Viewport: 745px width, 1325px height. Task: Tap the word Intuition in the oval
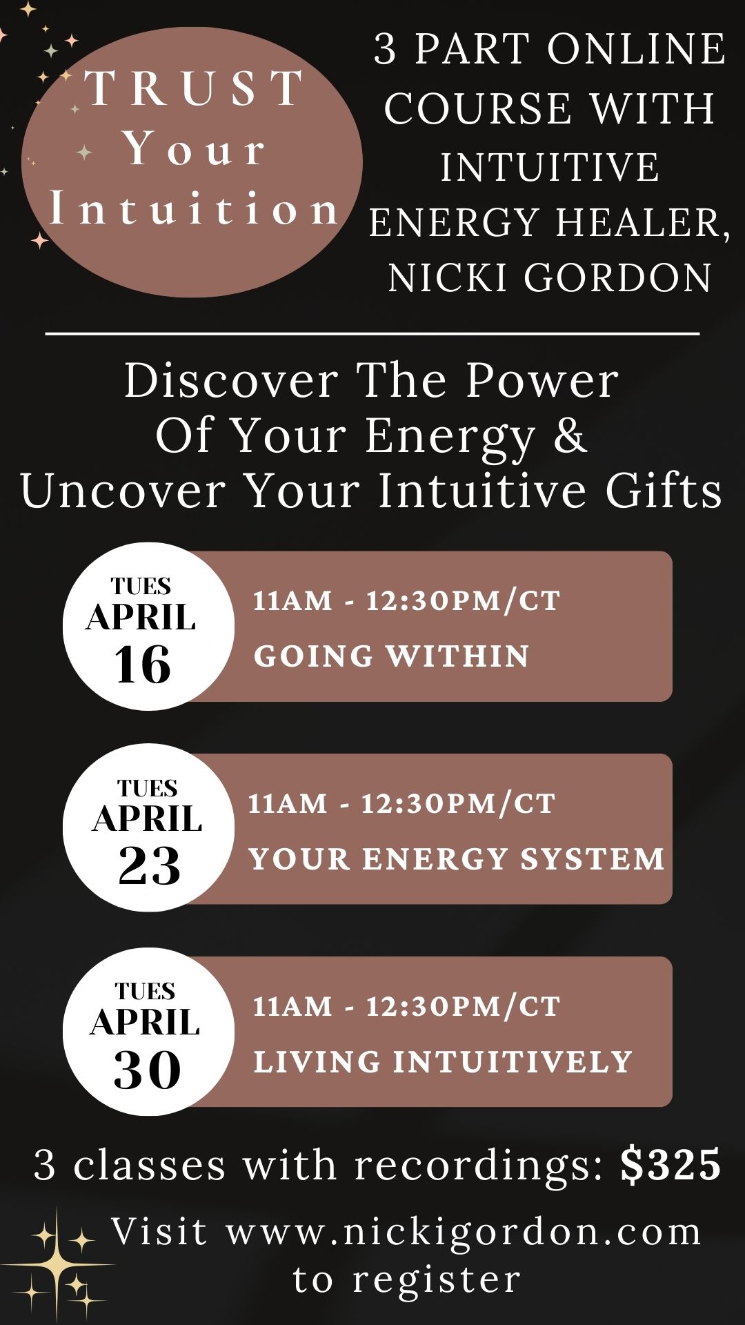[x=194, y=209]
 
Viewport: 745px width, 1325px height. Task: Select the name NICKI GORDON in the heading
[x=549, y=277]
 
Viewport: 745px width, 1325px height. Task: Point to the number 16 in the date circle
[x=143, y=665]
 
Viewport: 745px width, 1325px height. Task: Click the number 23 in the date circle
[x=149, y=865]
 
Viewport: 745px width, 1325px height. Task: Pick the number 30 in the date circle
[x=147, y=1070]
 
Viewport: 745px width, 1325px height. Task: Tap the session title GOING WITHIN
[x=391, y=656]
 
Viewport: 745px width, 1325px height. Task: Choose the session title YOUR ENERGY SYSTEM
[x=456, y=859]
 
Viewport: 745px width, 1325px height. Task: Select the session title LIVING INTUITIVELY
[x=443, y=1062]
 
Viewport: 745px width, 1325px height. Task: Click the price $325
[x=670, y=1165]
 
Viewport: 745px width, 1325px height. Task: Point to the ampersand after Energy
[x=569, y=436]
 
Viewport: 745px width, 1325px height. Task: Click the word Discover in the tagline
[x=231, y=380]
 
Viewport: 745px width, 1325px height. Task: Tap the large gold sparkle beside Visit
[x=57, y=1264]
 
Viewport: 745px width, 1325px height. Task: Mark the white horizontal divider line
[x=372, y=334]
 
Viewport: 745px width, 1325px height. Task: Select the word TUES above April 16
[x=141, y=587]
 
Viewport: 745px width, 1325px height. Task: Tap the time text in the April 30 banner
[x=406, y=1007]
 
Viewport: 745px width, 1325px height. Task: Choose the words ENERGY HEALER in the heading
[x=549, y=222]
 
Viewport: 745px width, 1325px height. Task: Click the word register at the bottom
[x=437, y=1279]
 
